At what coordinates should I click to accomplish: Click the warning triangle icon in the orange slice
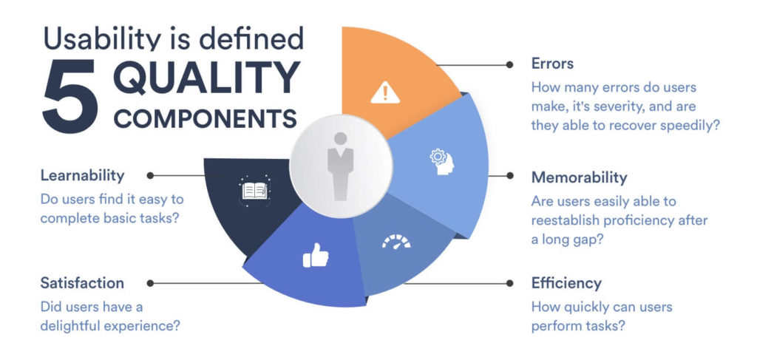click(385, 92)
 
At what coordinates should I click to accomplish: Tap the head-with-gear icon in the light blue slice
click(442, 162)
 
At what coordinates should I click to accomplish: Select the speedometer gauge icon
click(396, 242)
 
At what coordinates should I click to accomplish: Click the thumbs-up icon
click(316, 255)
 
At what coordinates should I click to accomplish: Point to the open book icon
click(254, 191)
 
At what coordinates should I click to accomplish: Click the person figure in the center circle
click(340, 166)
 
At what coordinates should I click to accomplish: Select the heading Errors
click(552, 64)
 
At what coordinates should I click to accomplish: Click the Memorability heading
click(580, 177)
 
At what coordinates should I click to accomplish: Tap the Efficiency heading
click(566, 283)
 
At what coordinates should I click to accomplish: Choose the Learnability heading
click(83, 175)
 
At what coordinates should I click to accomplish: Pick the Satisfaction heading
click(82, 283)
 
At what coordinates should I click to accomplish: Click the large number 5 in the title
click(70, 96)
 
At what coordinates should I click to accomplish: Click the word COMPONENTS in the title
click(206, 119)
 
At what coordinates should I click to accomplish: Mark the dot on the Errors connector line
click(509, 64)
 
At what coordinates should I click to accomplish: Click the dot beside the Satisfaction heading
click(150, 283)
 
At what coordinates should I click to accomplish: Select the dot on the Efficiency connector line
click(509, 283)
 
